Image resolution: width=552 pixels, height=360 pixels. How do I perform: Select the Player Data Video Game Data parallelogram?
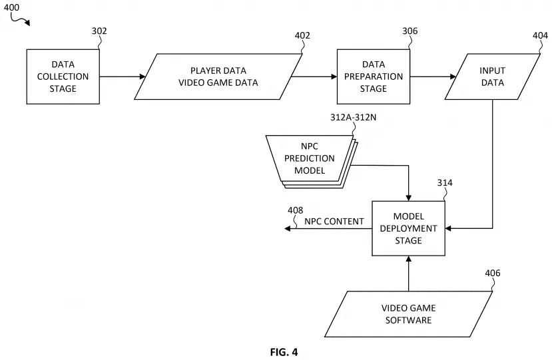point(218,77)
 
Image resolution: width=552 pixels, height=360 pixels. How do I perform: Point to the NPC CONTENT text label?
point(334,222)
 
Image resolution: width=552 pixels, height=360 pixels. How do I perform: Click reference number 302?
point(99,31)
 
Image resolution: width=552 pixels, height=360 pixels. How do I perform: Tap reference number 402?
point(302,35)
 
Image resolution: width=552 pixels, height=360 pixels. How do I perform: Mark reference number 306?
point(410,31)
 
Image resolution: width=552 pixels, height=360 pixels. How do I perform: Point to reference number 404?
point(541,35)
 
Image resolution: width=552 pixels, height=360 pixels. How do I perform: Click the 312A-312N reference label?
point(353,117)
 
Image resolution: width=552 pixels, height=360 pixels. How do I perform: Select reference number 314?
point(445,182)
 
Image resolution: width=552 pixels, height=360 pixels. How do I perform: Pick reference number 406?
point(493,273)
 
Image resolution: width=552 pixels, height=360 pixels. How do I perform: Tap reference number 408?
point(296,210)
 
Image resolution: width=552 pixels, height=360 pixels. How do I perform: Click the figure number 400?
point(11,7)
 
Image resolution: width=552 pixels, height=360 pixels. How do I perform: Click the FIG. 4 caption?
point(284,352)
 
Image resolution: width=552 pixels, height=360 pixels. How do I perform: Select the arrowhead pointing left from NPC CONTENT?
point(287,228)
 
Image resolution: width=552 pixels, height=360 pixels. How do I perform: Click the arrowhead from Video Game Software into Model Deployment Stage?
point(408,259)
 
